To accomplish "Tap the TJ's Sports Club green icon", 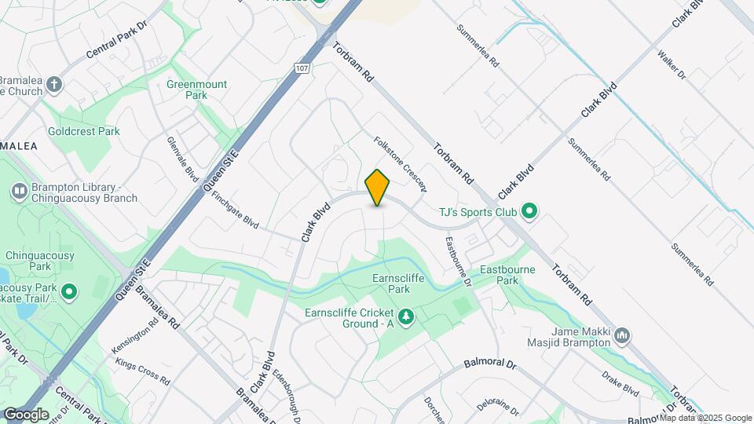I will [529, 210].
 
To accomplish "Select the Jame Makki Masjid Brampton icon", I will [622, 336].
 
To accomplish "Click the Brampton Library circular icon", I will [19, 191].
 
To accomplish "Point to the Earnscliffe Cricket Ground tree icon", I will [406, 317].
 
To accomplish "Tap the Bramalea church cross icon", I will [53, 84].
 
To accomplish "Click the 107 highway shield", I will [302, 68].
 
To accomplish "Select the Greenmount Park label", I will [186, 90].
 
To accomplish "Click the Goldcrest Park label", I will [84, 131].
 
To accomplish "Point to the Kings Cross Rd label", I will [142, 371].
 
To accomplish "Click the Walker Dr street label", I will [672, 65].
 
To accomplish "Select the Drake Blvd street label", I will [620, 382].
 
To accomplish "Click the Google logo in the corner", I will [26, 414].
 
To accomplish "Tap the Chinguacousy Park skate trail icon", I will [69, 293].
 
